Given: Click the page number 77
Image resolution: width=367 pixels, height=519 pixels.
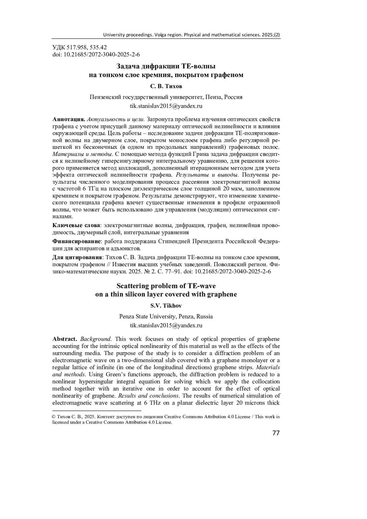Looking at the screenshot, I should click(276, 433).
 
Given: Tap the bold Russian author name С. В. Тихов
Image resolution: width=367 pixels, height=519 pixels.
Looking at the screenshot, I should click(166, 86).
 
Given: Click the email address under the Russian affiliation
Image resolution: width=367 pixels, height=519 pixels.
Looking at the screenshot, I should click(166, 106).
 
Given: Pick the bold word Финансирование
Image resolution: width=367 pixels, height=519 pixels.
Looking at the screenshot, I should click(77, 241).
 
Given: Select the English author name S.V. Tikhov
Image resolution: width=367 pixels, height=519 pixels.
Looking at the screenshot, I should click(166, 306).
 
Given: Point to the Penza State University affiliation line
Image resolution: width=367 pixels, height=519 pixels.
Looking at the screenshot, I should click(166, 316).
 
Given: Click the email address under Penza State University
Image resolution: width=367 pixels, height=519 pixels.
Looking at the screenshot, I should click(166, 325).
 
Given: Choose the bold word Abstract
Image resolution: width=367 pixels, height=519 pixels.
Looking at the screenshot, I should click(65, 339).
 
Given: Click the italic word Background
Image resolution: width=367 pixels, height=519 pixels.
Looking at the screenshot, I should click(96, 339).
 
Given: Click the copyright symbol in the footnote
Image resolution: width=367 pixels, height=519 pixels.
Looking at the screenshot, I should click(54, 417).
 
